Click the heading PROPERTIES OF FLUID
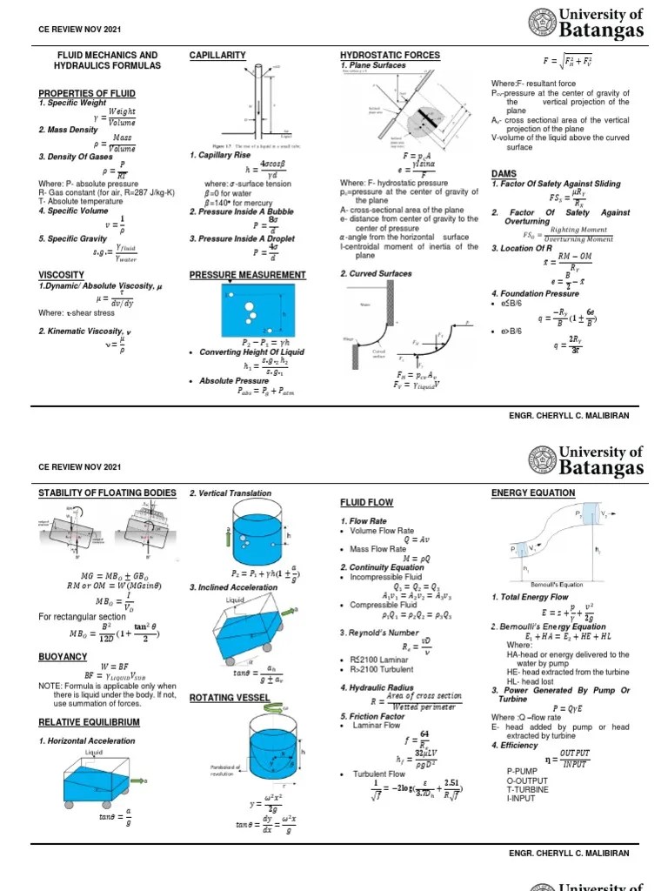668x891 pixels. (87, 93)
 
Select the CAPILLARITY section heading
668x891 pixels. (217, 56)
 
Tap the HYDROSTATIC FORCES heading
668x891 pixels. (390, 56)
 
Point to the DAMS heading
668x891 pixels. (504, 174)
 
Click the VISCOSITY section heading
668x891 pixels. (63, 274)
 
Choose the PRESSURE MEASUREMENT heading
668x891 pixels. (248, 274)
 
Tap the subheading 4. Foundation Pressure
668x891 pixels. (535, 293)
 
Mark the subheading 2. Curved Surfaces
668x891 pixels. (375, 274)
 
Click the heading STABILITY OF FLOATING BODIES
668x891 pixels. (107, 493)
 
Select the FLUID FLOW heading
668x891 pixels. (366, 503)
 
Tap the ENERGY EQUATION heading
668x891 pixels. (533, 493)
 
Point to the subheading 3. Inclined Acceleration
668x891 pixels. (233, 587)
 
